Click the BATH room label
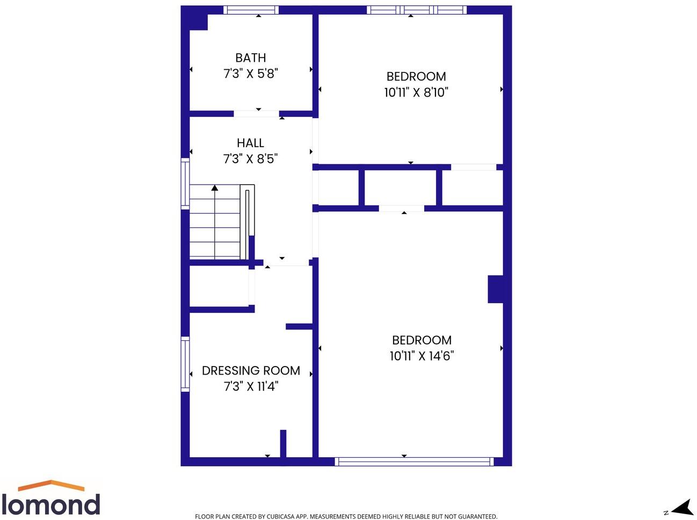coord(250,58)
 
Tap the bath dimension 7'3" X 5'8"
coord(250,74)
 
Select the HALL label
coord(250,143)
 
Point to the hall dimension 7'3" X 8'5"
coord(250,159)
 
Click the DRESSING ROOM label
coord(251,371)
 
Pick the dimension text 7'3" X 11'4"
coord(251,386)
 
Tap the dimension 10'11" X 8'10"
coord(416,92)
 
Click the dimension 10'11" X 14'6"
coord(422,356)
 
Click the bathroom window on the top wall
coord(251,10)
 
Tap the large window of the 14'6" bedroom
coord(414,461)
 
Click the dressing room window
coord(185,364)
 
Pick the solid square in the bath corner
coord(198,22)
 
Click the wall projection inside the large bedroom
coord(495,289)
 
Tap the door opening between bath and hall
coord(257,113)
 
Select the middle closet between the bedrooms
coord(400,187)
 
